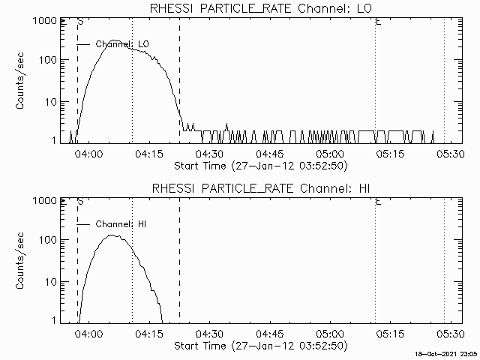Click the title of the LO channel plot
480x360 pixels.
[260, 8]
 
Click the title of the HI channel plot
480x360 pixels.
[260, 188]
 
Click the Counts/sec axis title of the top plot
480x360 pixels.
[22, 81]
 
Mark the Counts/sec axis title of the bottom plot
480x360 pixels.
[22, 261]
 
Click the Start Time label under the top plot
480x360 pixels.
[259, 165]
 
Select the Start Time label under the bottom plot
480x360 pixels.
[259, 345]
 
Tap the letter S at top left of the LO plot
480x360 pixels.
[79, 22]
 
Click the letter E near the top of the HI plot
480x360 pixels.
[378, 202]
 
